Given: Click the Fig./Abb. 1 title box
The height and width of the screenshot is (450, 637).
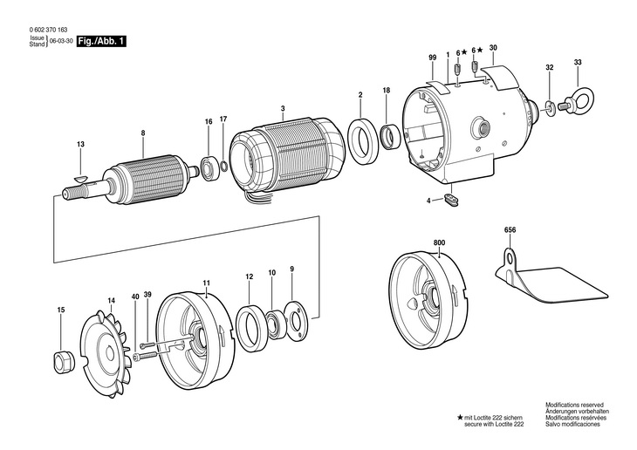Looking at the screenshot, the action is point(101,41).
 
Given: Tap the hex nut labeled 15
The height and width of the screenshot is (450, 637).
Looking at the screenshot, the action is point(64,361).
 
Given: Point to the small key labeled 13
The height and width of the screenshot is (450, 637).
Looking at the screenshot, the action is point(80,178).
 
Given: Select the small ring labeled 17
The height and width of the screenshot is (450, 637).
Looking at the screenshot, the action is point(224,166).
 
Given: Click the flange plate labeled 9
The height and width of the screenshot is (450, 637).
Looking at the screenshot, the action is point(296,319).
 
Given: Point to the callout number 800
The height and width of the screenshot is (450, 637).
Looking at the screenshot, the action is point(439,242).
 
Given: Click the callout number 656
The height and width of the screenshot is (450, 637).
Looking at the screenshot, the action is point(510,230).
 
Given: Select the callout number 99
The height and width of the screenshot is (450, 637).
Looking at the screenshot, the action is point(433,58).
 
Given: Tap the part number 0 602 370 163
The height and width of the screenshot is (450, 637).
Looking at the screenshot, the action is point(48,30).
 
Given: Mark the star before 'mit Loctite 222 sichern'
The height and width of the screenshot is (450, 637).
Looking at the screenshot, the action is point(460,418).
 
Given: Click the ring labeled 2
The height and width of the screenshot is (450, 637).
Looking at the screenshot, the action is point(363,141).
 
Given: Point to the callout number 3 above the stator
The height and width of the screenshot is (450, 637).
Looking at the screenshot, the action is point(283,108).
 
